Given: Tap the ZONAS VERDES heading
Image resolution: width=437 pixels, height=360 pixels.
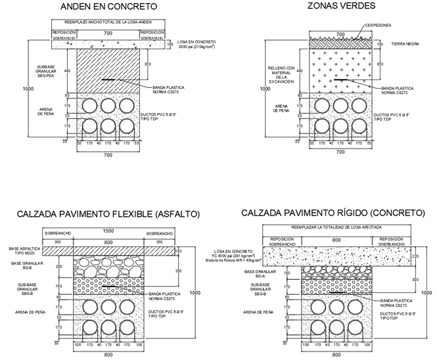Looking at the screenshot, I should click(x=341, y=6).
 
